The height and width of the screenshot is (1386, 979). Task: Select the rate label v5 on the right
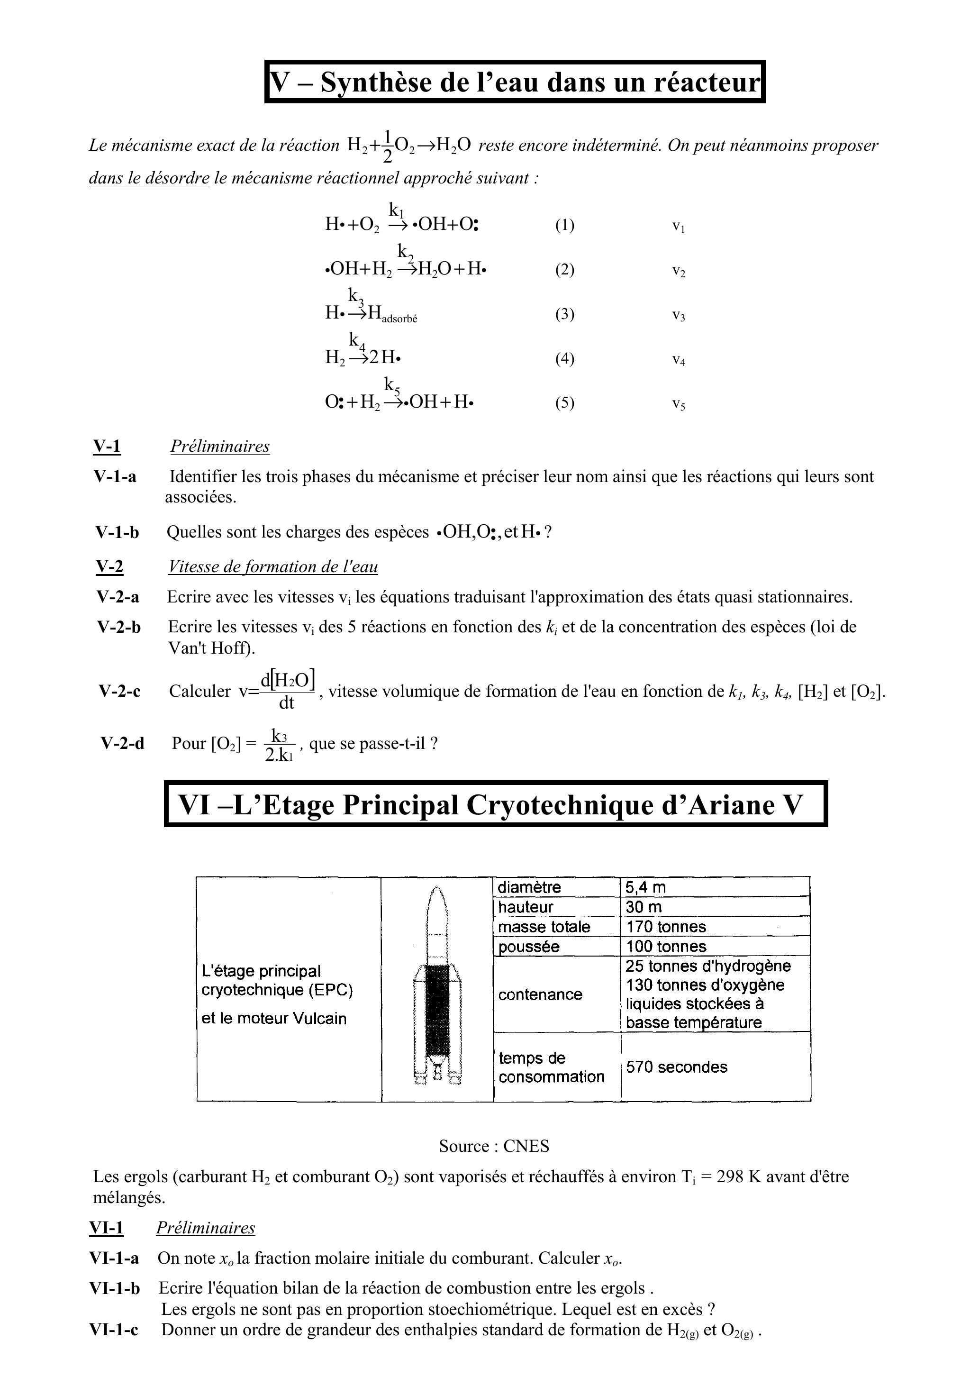[679, 404]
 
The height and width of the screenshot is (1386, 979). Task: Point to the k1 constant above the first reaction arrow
[397, 210]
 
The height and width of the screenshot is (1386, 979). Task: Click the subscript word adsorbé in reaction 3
[399, 319]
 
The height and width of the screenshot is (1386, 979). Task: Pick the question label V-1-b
[117, 532]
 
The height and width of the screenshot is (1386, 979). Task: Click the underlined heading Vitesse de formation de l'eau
[273, 567]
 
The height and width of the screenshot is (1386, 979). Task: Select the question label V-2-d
[123, 743]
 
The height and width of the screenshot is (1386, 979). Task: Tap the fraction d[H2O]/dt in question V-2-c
[287, 690]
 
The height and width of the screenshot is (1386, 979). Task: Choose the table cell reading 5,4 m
[645, 887]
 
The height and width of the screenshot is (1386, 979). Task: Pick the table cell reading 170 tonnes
[666, 927]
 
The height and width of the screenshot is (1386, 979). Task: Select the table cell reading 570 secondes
[676, 1067]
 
